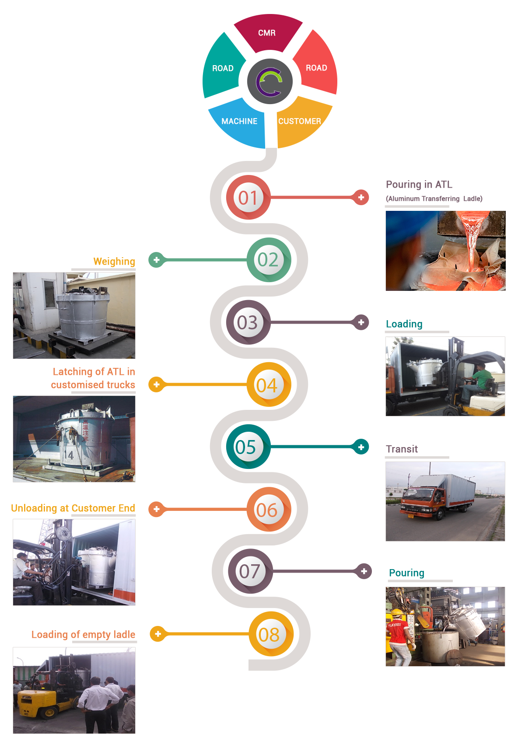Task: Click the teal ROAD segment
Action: (x=223, y=69)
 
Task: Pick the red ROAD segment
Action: (x=316, y=68)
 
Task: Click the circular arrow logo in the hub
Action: (x=269, y=81)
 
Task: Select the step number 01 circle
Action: (x=248, y=198)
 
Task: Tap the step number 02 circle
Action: (x=268, y=260)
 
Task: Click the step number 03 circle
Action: (x=248, y=323)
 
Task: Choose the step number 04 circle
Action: (x=267, y=385)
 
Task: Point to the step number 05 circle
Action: (x=246, y=447)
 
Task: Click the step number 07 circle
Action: (x=249, y=571)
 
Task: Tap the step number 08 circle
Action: (x=269, y=635)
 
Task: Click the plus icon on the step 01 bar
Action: (x=361, y=198)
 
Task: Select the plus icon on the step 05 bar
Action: (x=361, y=447)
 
